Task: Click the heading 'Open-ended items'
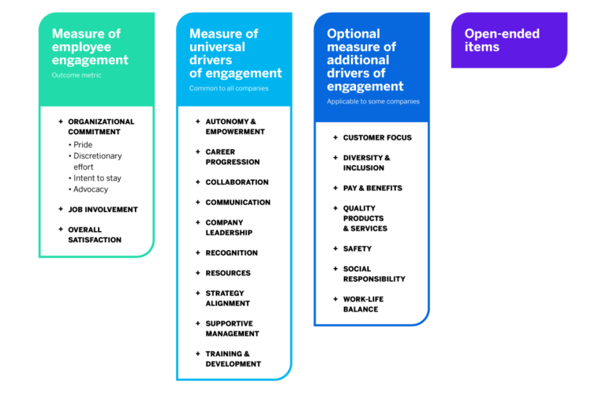pyautogui.click(x=502, y=40)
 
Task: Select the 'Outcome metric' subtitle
pyautogui.click(x=77, y=76)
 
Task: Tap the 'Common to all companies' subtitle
pyautogui.click(x=228, y=88)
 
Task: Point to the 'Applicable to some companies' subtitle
pyautogui.click(x=373, y=102)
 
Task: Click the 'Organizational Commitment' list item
pyautogui.click(x=101, y=126)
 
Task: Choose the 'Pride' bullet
pyautogui.click(x=82, y=145)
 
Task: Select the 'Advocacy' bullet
pyautogui.click(x=90, y=189)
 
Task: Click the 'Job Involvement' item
pyautogui.click(x=103, y=210)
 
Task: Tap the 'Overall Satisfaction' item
pyautogui.click(x=95, y=234)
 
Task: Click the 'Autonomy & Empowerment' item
pyautogui.click(x=235, y=126)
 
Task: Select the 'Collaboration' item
pyautogui.click(x=237, y=182)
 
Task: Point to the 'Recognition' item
pyautogui.click(x=231, y=253)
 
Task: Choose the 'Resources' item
pyautogui.click(x=228, y=273)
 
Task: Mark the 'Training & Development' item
pyautogui.click(x=233, y=359)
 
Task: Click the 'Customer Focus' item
pyautogui.click(x=377, y=138)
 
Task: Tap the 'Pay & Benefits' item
pyautogui.click(x=372, y=189)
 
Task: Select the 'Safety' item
pyautogui.click(x=357, y=249)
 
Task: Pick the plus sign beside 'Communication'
pyautogui.click(x=197, y=203)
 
